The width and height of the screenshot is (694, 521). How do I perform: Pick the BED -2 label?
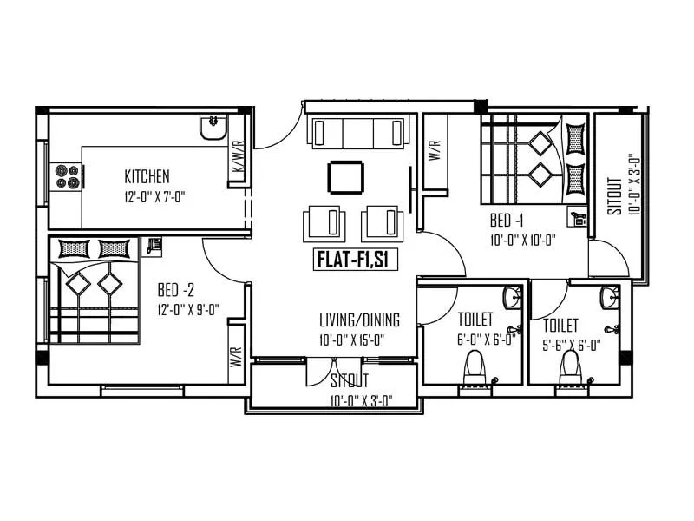pyautogui.click(x=175, y=288)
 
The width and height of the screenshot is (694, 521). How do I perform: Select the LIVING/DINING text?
pyautogui.click(x=359, y=320)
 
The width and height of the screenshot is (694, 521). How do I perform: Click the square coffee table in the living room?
pyautogui.click(x=344, y=178)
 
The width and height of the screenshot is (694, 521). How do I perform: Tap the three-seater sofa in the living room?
pyautogui.click(x=357, y=133)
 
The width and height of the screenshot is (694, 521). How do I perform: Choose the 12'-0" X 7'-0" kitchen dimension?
pyautogui.click(x=154, y=196)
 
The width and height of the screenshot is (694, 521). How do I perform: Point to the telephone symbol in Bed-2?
pyautogui.click(x=155, y=244)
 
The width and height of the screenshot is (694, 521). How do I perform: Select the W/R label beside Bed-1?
pyautogui.click(x=435, y=153)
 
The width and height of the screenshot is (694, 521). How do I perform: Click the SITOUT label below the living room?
pyautogui.click(x=350, y=380)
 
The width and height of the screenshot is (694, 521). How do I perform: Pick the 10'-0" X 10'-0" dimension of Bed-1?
pyautogui.click(x=522, y=241)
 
